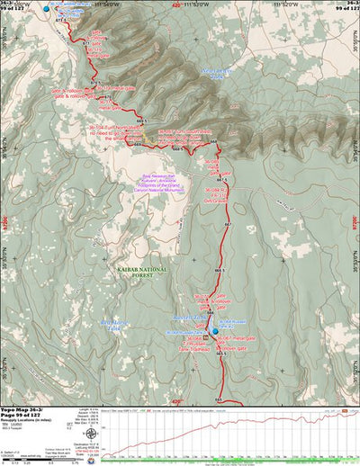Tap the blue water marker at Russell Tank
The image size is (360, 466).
coord(215,332)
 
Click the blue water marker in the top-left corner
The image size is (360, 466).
coord(48,8)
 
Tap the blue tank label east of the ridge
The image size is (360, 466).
coord(211,74)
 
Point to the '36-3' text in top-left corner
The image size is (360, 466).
coord(12,4)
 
